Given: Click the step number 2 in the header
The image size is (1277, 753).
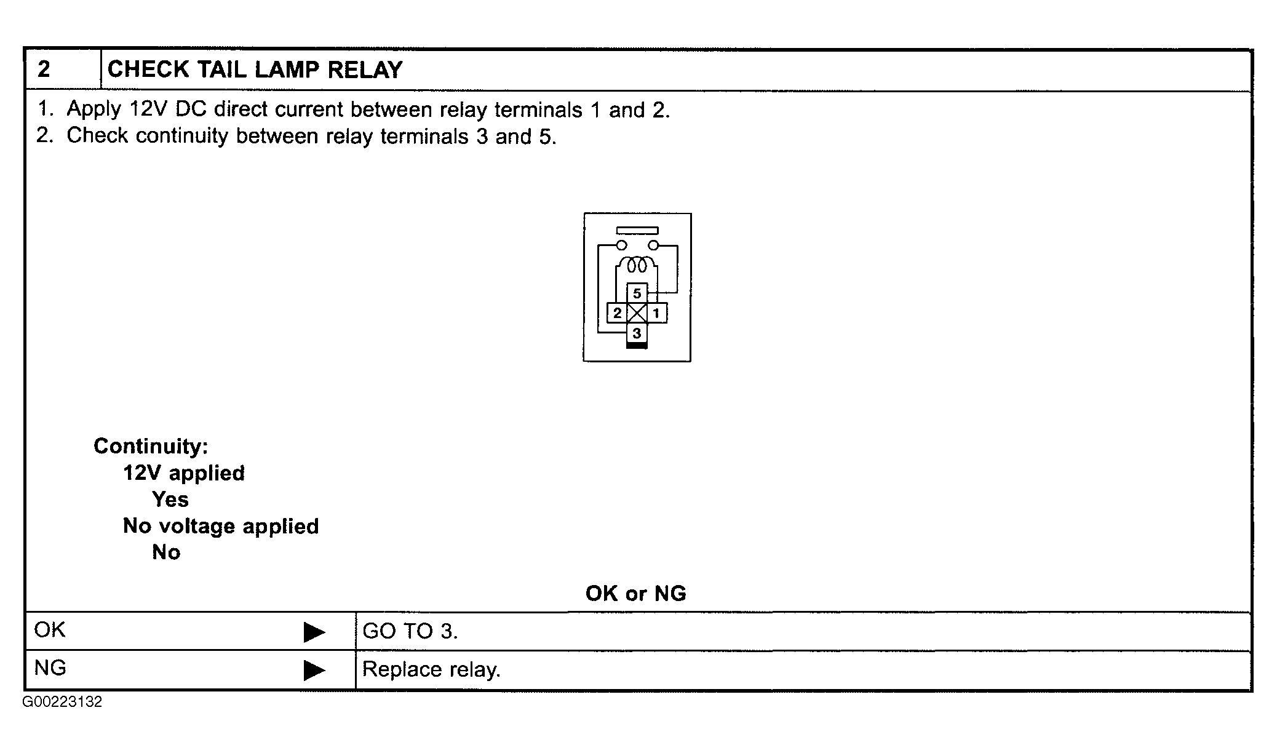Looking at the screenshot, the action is [x=44, y=70].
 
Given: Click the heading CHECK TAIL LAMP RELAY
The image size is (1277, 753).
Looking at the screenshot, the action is [x=255, y=70].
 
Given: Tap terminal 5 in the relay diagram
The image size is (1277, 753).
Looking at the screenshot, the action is [x=637, y=293].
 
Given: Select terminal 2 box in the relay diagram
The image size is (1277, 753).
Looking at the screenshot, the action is [x=617, y=313].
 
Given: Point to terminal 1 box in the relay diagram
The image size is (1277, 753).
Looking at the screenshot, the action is [x=657, y=313].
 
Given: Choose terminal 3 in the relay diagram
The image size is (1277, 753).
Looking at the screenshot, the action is [x=637, y=333].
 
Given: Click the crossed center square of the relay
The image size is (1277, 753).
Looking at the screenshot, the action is [x=637, y=313].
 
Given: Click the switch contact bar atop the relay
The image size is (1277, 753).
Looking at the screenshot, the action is [x=637, y=231].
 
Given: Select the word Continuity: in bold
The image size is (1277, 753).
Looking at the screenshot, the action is [x=151, y=446].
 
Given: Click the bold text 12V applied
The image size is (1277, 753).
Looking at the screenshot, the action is [x=184, y=473].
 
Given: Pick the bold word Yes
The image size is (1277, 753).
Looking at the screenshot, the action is [x=170, y=499].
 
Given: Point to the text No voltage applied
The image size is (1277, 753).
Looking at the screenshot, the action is [x=221, y=526].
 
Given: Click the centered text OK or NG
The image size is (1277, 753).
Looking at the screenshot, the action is [x=636, y=593].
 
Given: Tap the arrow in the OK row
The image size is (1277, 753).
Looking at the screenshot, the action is [x=314, y=632].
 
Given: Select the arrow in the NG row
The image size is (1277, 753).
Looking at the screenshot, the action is [x=314, y=670].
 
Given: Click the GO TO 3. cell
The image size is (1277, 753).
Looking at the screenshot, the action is [x=803, y=631].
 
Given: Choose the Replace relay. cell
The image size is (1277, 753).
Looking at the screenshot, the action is [x=803, y=669].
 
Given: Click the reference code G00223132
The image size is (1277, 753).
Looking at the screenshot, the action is [x=63, y=702].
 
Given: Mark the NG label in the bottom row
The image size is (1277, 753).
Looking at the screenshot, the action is [x=50, y=668].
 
